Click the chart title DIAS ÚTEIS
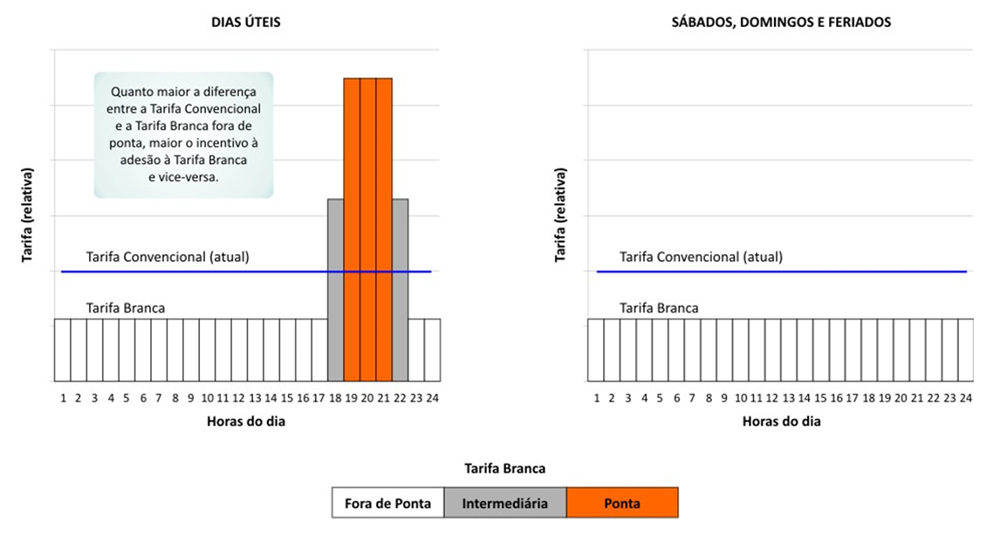click(246, 23)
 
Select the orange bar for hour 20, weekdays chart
click(367, 227)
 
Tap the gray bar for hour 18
click(335, 288)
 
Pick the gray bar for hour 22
click(400, 288)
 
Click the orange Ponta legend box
click(621, 503)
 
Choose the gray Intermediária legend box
click(504, 503)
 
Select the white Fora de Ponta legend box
click(387, 503)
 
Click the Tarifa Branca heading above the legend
click(505, 469)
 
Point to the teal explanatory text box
click(183, 134)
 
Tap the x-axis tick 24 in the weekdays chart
click(432, 398)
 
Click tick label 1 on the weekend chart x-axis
click(596, 398)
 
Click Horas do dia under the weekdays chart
click(246, 421)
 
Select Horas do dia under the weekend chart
click(781, 421)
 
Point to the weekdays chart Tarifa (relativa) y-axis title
click(27, 216)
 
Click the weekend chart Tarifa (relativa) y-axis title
click(560, 216)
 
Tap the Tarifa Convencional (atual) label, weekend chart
click(701, 257)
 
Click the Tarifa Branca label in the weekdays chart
click(126, 307)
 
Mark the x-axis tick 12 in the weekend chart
click(773, 398)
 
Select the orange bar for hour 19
click(352, 227)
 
